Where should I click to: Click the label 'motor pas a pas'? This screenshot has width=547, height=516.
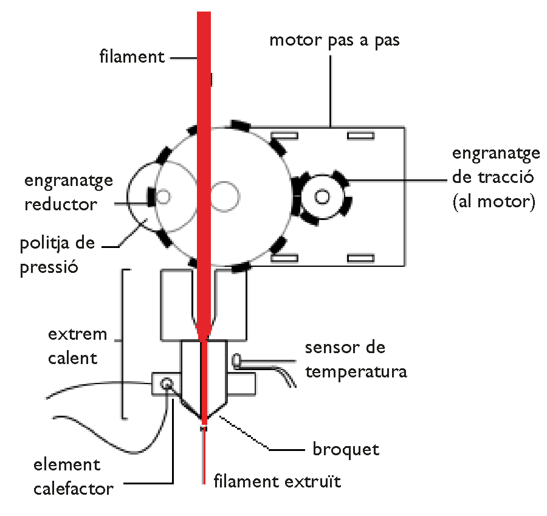coord(334,41)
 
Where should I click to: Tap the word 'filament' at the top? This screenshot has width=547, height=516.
coord(132,57)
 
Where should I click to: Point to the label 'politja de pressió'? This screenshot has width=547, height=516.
coord(57,255)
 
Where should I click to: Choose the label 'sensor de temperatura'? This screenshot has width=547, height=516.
coord(356,359)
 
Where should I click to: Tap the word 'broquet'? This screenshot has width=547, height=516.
coord(345,449)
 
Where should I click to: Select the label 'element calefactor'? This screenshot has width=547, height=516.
coord(73,476)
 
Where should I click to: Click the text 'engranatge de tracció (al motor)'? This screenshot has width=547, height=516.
coord(495,177)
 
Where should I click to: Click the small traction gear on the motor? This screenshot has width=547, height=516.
coord(322,196)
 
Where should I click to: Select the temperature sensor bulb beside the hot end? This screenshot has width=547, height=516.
coord(237,360)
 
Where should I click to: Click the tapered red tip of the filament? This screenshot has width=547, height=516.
coord(204,331)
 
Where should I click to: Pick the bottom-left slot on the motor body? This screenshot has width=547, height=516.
coord(284,258)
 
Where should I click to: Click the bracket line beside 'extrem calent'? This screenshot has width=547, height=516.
coord(123,343)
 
